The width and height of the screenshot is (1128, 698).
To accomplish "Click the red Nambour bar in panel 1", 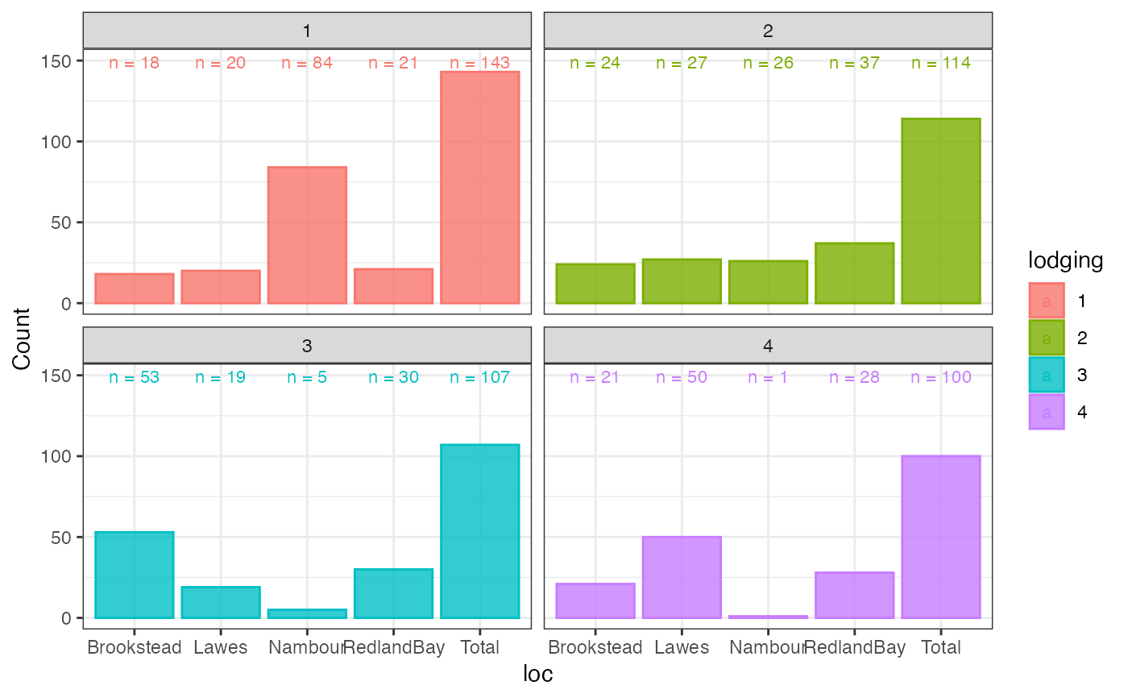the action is coord(307,235).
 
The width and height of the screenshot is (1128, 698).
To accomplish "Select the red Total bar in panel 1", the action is coord(480,187).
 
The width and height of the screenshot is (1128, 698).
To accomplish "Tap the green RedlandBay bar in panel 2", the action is coord(855,273).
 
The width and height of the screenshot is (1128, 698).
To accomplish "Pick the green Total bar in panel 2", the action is coord(941,211).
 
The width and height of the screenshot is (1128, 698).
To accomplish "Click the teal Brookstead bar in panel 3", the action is coord(135,575).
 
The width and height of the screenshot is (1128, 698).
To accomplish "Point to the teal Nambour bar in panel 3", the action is coord(307,614).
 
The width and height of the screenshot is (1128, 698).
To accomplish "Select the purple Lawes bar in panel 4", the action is coord(682,577).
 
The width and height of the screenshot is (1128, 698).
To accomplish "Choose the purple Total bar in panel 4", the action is coord(941,537).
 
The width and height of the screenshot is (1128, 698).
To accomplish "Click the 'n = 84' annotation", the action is coord(307,63).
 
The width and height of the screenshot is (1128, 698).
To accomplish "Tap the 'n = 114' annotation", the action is coord(941,63).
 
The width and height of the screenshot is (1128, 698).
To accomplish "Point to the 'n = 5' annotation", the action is coord(307,377).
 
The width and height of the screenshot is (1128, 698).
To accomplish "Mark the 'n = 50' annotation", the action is coord(682,377).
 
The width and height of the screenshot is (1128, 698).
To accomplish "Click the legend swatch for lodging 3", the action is coord(1047,375).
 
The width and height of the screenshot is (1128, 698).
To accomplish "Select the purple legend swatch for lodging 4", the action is coord(1047,412).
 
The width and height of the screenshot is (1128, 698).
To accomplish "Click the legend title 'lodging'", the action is coord(1065,260).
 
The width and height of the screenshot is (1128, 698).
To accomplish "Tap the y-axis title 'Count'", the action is coord(21,339).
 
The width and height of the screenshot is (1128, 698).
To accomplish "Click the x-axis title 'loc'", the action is coord(538,674).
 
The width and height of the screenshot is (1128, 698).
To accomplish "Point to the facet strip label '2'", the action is coord(768,31).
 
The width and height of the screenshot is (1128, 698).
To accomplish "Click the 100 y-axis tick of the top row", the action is coord(56,142).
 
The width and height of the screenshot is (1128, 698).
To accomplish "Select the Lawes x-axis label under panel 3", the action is coord(221,647).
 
